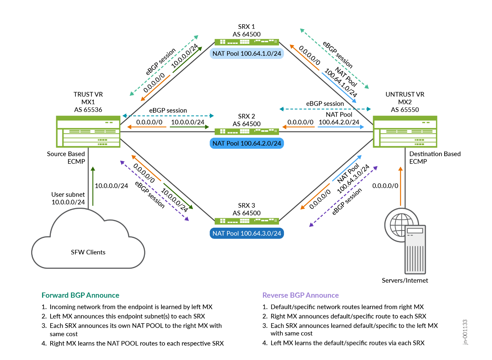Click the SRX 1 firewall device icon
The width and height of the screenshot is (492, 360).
[x=247, y=42]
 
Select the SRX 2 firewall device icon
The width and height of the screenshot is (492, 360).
[x=247, y=132]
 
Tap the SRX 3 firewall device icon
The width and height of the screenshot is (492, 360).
[x=247, y=221]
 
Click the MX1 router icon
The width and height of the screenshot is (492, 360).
[x=88, y=132]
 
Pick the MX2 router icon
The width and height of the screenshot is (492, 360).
[x=405, y=132]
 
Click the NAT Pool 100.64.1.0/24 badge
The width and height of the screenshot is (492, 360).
[x=247, y=54]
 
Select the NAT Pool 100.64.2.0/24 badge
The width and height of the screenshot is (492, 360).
[x=247, y=144]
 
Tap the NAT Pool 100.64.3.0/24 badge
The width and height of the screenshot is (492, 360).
[x=247, y=233]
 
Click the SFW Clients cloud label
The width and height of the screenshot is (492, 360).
[x=88, y=252]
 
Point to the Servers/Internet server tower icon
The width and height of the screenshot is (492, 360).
[x=415, y=249]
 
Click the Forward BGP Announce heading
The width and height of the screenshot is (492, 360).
[x=80, y=295]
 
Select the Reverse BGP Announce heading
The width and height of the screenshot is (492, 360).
[x=300, y=295]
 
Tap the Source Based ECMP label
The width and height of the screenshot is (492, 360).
[x=66, y=158]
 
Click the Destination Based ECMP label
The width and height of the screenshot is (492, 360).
[x=435, y=158]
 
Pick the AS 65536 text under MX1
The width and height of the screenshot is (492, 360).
[x=88, y=110]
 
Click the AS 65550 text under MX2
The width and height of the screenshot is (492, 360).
[x=405, y=110]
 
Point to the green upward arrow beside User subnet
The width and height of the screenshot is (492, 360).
[x=93, y=186]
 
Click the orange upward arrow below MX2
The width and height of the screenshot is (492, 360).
[x=400, y=186]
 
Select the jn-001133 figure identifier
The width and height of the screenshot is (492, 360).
[x=465, y=332]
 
